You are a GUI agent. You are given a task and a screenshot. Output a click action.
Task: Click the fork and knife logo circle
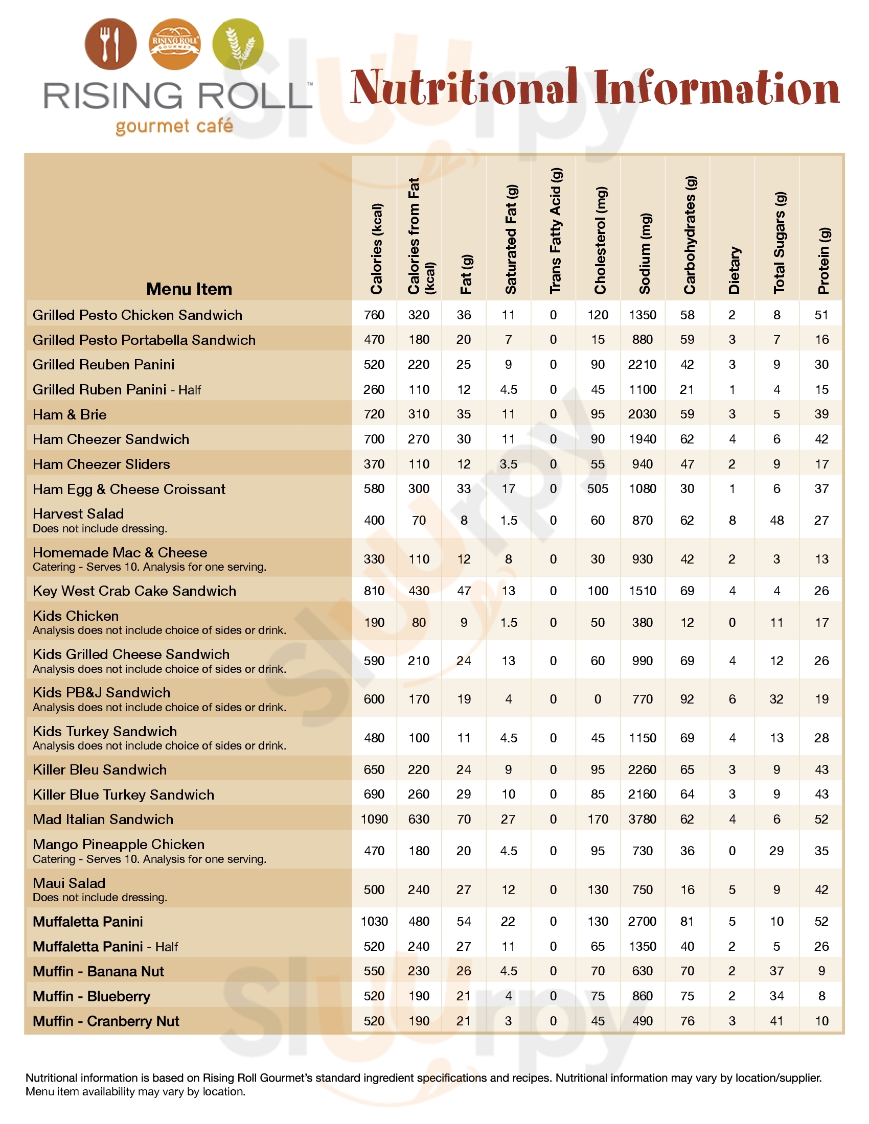click(111, 44)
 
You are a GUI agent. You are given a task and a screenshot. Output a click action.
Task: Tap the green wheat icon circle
click(238, 44)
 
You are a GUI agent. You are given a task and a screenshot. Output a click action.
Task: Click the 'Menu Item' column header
click(189, 289)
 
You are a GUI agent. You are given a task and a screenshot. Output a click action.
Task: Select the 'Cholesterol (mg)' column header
click(600, 240)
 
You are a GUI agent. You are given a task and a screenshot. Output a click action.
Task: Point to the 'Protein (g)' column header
click(824, 261)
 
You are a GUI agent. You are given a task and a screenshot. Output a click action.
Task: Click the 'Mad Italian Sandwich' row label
click(103, 819)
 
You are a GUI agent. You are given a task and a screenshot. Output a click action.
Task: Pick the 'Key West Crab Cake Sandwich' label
click(134, 591)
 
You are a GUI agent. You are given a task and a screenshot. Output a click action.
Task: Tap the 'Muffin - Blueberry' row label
click(92, 996)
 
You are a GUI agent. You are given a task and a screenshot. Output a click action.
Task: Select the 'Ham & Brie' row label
click(70, 414)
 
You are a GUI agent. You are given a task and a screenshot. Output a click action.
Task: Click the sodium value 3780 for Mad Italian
click(642, 819)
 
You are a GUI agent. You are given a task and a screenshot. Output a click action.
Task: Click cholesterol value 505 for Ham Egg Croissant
click(598, 488)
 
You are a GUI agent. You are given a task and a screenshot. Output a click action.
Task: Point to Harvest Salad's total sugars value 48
click(776, 520)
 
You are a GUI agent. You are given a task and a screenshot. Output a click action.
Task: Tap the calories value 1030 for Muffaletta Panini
click(374, 921)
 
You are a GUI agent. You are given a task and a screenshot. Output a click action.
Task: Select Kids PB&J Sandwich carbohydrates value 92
click(687, 699)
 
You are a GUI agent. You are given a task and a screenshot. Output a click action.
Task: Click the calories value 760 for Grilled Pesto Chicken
click(374, 315)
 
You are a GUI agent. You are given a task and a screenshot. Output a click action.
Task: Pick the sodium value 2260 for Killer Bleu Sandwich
click(642, 769)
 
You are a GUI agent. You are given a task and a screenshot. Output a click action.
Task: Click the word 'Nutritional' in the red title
click(463, 87)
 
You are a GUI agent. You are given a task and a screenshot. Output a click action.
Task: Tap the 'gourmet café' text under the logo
click(174, 126)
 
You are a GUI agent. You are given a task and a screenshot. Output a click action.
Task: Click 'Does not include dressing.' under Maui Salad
click(100, 898)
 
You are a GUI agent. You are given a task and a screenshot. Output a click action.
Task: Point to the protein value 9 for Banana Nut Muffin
click(821, 971)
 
